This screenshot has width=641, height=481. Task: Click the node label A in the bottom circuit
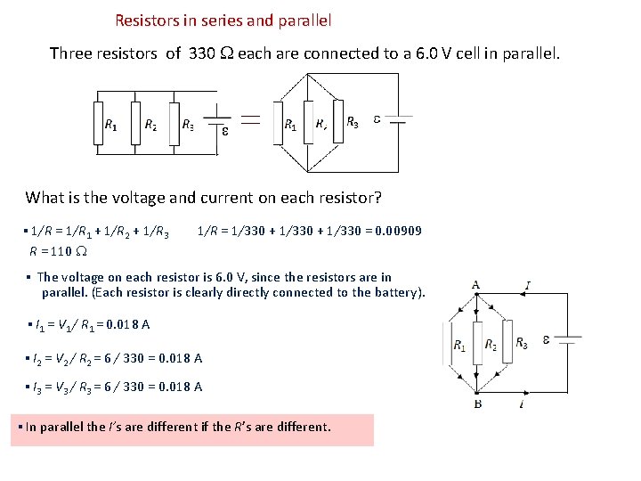pyautogui.click(x=476, y=285)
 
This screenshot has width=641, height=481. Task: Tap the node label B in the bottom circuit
pyautogui.click(x=477, y=404)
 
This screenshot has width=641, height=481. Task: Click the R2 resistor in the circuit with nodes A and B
pyautogui.click(x=478, y=344)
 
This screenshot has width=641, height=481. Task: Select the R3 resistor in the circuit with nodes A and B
pyautogui.click(x=507, y=343)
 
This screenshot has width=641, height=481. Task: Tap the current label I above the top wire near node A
pyautogui.click(x=528, y=285)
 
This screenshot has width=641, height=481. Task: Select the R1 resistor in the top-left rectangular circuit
pyautogui.click(x=98, y=124)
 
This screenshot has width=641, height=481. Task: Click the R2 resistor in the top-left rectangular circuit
pyautogui.click(x=135, y=124)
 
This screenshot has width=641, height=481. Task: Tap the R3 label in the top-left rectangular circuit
pyautogui.click(x=188, y=126)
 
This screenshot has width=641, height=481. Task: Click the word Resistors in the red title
pyautogui.click(x=147, y=19)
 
